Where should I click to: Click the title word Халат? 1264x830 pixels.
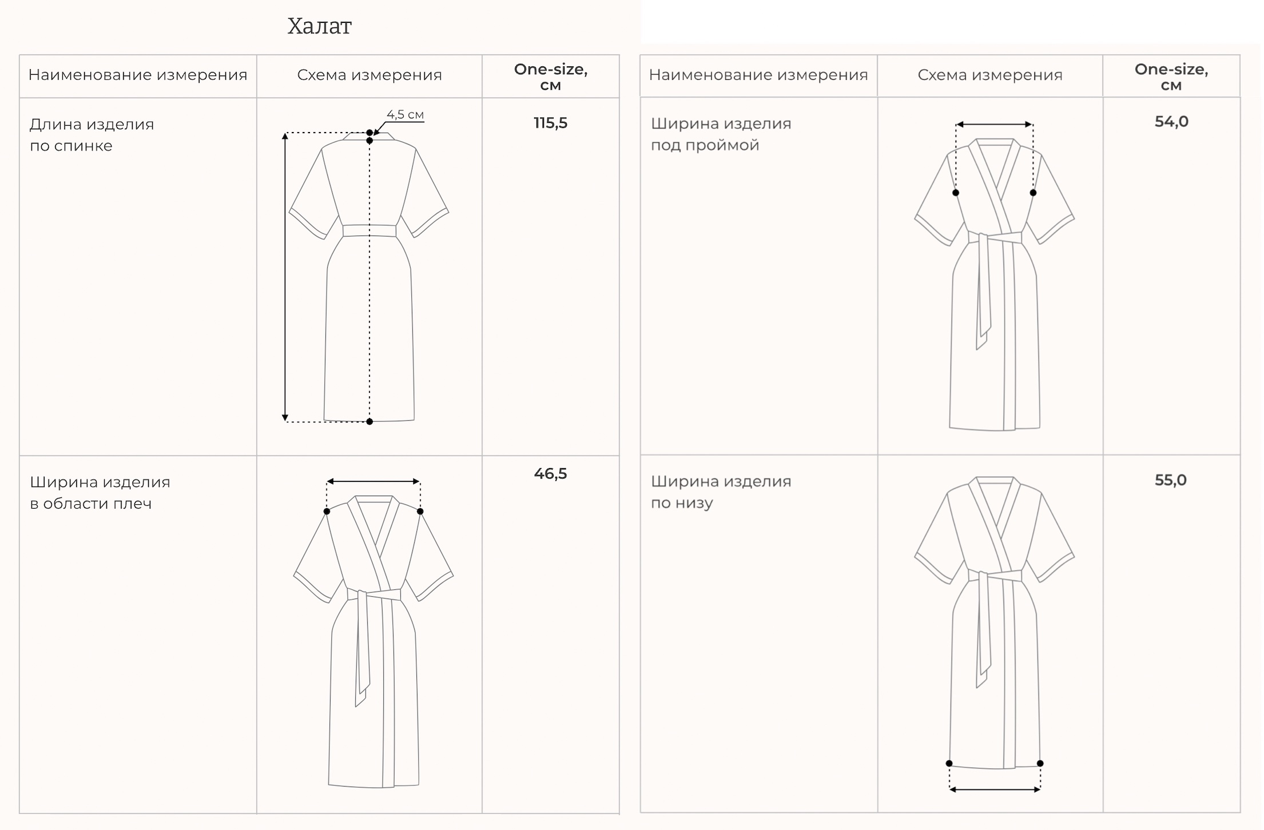(319, 26)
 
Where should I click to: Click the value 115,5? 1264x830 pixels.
(550, 123)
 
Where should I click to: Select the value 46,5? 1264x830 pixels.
(550, 473)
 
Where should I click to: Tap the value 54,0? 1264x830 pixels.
(1171, 122)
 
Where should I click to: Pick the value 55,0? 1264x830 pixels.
(1170, 480)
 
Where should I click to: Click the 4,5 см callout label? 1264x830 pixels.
(405, 114)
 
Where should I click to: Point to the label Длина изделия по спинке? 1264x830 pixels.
(92, 135)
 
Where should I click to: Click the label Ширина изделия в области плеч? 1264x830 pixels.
(100, 493)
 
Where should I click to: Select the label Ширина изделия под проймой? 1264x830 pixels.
(721, 134)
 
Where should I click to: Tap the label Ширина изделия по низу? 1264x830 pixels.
(721, 492)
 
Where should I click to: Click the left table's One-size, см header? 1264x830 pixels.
(550, 77)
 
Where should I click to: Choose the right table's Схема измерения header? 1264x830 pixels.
(989, 75)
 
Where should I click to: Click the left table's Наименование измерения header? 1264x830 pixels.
(137, 75)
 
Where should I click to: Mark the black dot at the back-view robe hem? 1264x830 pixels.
(369, 422)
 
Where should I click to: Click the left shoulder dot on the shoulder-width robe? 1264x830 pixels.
(327, 512)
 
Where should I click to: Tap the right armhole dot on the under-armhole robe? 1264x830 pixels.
(1033, 193)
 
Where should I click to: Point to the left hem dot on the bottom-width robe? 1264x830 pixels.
(949, 764)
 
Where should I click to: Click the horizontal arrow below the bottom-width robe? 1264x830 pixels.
(995, 790)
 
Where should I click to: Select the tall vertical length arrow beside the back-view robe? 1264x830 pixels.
(285, 277)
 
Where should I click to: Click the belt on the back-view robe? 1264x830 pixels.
(369, 231)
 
